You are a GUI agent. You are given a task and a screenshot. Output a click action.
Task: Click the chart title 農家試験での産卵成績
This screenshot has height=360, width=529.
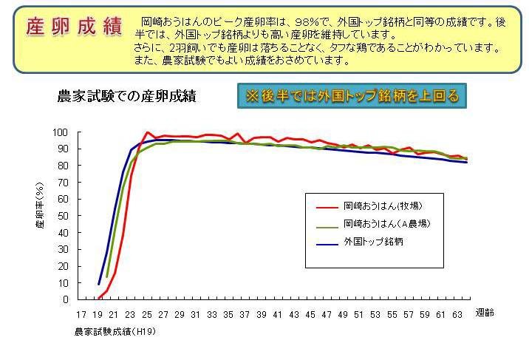[x=128, y=96]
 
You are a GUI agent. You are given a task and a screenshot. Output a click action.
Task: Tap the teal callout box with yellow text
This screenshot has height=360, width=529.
[x=352, y=96]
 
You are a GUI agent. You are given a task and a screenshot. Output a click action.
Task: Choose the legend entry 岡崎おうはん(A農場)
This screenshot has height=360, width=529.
[x=386, y=223]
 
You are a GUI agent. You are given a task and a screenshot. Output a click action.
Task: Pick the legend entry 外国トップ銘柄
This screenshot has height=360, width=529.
[x=373, y=242]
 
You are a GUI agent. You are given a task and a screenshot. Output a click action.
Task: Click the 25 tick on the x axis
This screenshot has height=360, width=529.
[x=148, y=313]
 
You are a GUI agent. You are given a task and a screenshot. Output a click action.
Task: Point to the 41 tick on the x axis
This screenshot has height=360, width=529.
[x=277, y=313]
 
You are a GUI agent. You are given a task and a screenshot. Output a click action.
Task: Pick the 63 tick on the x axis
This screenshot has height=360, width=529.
[x=457, y=313]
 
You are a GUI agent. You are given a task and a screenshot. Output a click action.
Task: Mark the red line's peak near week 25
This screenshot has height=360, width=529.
[x=148, y=132]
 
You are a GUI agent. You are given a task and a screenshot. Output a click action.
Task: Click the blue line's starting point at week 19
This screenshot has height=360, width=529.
[x=99, y=284]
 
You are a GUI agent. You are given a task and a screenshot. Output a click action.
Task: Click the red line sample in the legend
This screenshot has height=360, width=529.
[x=327, y=205]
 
